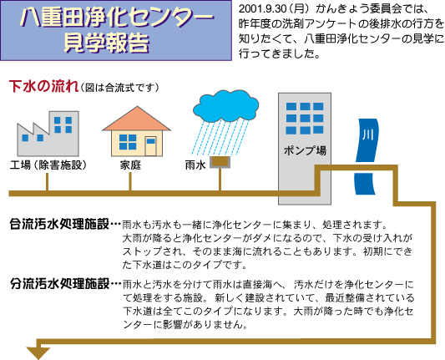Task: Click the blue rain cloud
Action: coord(225,106)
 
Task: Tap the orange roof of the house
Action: coord(137,119)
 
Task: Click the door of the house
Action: coord(150,146)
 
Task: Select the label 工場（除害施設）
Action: coord(48,165)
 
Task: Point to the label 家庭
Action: coord(130,165)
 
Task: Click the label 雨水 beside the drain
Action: coord(195,165)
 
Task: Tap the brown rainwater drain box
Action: coord(220,162)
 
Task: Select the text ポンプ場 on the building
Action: coord(305,150)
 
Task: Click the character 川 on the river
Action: coord(368,134)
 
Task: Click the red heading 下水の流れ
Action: coord(44,86)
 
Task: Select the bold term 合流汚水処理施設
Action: coord(59,224)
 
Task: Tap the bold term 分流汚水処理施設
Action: coord(59,284)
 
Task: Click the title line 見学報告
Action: coord(106,43)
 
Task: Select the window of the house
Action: coord(128,142)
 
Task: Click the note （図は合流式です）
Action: coord(119,88)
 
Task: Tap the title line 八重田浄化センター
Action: coord(117,17)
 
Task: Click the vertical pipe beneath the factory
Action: coord(47,182)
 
